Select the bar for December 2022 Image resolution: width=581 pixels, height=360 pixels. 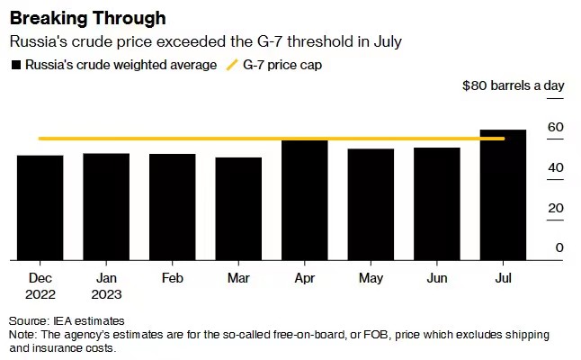click(40, 208)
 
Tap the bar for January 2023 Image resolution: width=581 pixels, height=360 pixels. click(106, 207)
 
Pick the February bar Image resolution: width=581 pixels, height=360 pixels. click(173, 207)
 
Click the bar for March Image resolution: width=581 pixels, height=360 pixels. click(238, 209)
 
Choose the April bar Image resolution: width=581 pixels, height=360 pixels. click(305, 200)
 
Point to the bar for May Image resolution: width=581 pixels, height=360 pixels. click(371, 204)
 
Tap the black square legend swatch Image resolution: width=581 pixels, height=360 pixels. click(15, 65)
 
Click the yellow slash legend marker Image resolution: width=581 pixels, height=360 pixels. click(231, 65)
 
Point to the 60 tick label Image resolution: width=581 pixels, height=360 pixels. click(556, 127)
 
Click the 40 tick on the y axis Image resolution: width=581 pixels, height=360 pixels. click(556, 167)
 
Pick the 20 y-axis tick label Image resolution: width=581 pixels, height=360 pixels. click(556, 208)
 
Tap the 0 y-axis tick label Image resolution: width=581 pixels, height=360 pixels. click(559, 247)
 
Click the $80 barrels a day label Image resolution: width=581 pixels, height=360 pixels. click(513, 85)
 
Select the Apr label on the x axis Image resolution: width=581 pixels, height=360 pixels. click(305, 279)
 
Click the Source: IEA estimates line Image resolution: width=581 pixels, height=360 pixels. click(67, 320)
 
